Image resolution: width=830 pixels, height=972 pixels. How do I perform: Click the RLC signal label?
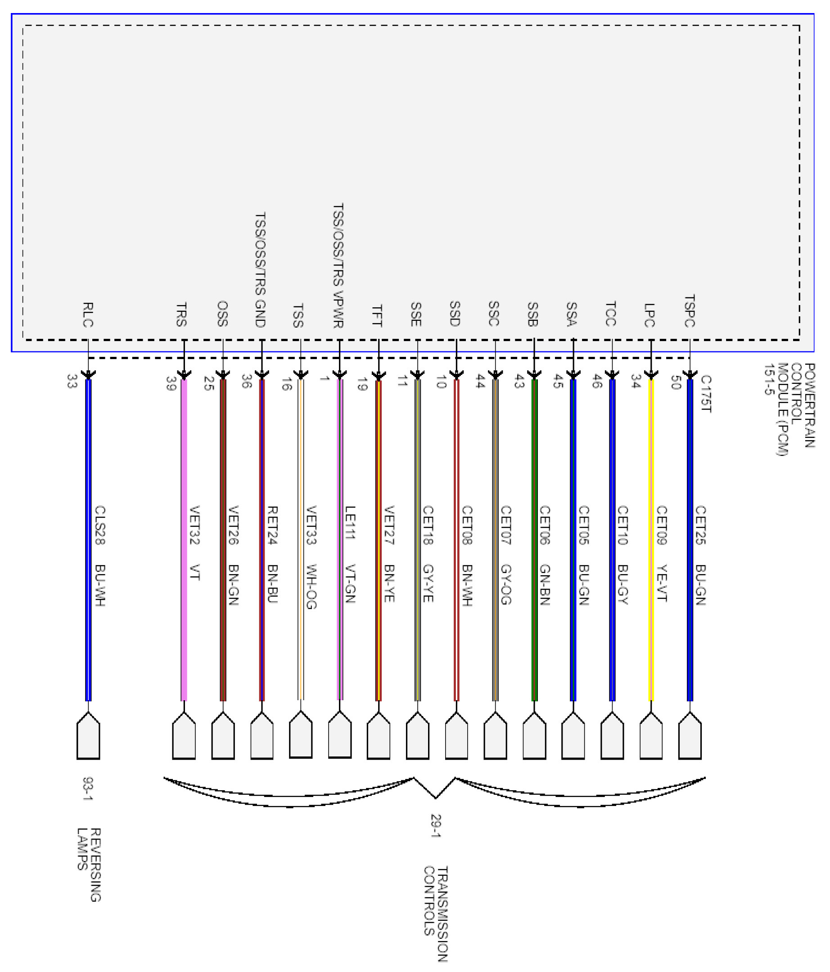pyautogui.click(x=88, y=314)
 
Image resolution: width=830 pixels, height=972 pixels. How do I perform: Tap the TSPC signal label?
pyautogui.click(x=689, y=310)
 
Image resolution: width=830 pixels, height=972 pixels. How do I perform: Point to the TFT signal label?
pyautogui.click(x=377, y=315)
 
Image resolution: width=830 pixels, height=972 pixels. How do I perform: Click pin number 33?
pyautogui.click(x=71, y=380)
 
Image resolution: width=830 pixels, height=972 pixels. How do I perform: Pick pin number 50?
pyautogui.click(x=676, y=382)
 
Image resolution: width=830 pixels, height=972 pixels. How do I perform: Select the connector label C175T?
pyautogui.click(x=706, y=394)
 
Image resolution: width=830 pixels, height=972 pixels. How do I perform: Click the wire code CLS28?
pyautogui.click(x=100, y=525)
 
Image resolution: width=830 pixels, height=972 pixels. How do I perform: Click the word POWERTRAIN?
pyautogui.click(x=810, y=405)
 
